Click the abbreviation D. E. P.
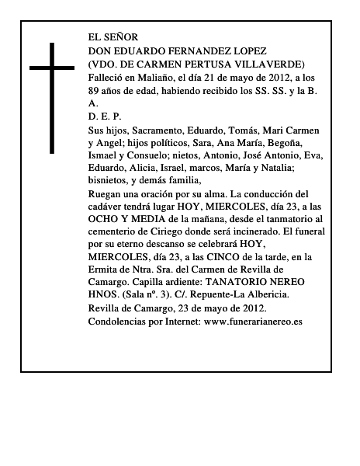pos(106,116)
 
